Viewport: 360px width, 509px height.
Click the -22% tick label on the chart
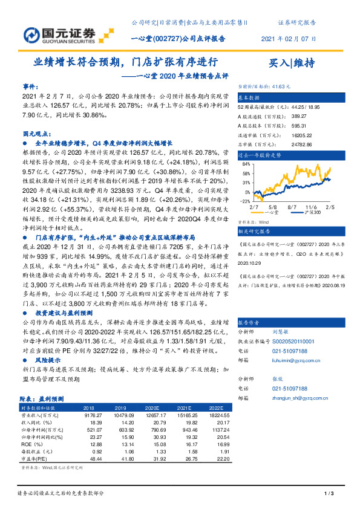[x=245, y=201]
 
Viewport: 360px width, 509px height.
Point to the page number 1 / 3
[x=329, y=494]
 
